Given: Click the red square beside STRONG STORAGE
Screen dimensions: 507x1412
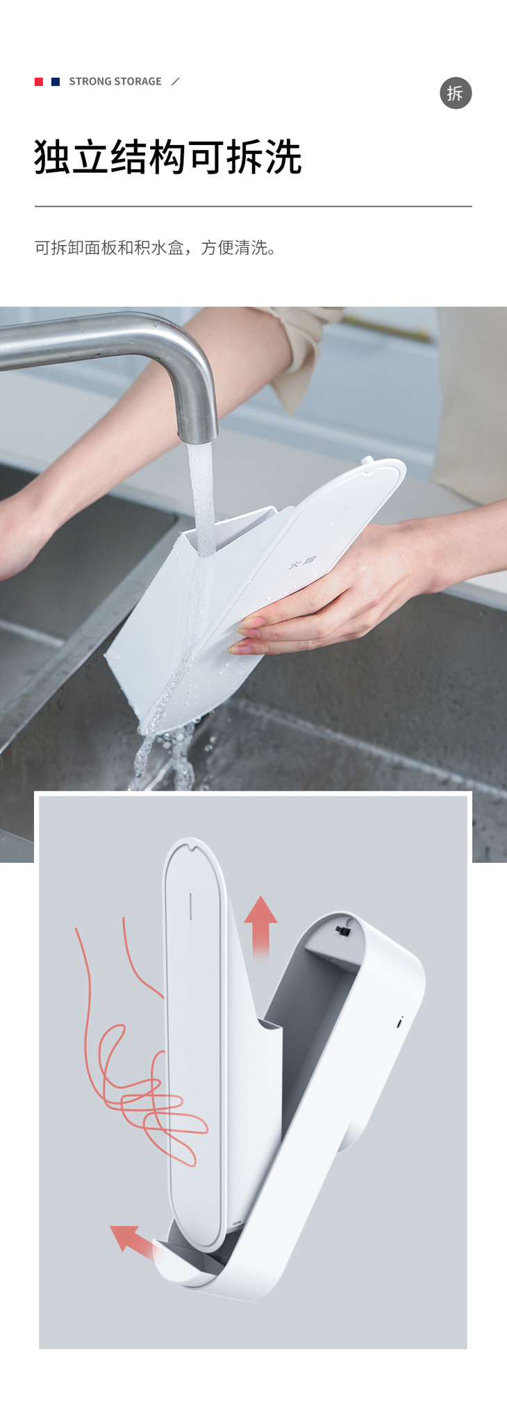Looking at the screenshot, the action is (39, 82).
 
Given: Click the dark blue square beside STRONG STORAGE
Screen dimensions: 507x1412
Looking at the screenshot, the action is (56, 82).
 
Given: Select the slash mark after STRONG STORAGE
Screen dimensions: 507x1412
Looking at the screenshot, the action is (176, 81).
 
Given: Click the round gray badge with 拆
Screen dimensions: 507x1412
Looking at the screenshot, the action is (456, 93).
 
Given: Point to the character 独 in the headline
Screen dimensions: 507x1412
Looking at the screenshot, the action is (53, 157).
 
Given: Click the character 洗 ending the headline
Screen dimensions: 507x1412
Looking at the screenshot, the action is (283, 157).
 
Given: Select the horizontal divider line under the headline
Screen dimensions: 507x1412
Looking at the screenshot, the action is (253, 206).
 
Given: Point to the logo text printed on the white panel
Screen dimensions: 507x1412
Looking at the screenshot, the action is (303, 563).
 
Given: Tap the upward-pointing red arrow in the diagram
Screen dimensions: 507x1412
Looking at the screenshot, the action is (260, 927).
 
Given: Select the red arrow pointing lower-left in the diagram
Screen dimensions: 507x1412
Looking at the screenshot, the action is (134, 1241).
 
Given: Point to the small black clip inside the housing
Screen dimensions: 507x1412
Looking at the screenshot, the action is (342, 930).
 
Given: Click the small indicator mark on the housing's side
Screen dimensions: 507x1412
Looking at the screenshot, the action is (400, 1021).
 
